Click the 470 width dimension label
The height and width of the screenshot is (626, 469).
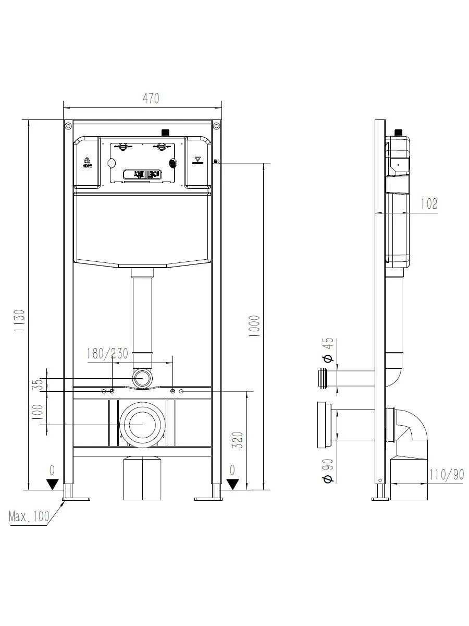pos(151,99)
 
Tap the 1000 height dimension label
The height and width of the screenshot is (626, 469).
pos(254,326)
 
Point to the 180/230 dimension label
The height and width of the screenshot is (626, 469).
pos(107,354)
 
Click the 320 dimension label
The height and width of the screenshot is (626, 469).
pos(239,440)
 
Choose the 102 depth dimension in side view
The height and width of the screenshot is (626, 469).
pos(429,203)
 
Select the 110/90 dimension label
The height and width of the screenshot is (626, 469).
pos(447,475)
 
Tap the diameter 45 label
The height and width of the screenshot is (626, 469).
pos(328,350)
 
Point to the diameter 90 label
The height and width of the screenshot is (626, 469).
pos(328,471)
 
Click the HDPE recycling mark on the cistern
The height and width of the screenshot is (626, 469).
pos(87,162)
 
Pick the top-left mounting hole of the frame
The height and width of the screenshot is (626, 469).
pos(68,126)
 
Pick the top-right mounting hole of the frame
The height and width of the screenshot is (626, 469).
pos(216,126)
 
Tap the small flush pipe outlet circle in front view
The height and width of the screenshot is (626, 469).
pos(142,378)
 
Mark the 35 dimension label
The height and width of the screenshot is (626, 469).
pos(41,384)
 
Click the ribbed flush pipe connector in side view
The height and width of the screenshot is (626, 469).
pos(323,378)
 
